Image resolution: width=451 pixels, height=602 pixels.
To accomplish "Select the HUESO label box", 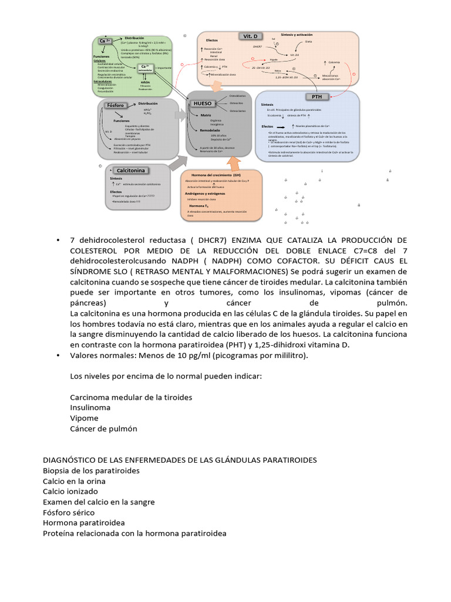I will [x=202, y=103].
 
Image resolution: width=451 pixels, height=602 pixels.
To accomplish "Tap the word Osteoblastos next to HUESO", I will [x=238, y=95].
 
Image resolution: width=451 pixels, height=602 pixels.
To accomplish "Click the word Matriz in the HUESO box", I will [x=206, y=115].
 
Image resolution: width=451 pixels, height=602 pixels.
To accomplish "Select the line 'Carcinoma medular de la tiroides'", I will [x=131, y=397].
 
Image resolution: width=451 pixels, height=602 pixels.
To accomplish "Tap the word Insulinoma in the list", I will [x=90, y=408].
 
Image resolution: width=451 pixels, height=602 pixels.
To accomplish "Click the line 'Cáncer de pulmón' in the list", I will [x=103, y=429].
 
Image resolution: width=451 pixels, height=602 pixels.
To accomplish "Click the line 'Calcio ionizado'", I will [x=70, y=491].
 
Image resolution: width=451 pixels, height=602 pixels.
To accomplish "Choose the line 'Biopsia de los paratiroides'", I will [x=91, y=471].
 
